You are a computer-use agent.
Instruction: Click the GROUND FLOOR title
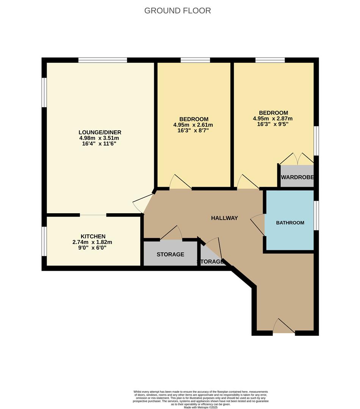click(177, 11)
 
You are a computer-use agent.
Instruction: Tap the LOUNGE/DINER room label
click(100, 132)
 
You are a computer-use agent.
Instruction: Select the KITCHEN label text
click(93, 236)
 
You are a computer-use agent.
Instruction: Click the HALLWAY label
click(224, 218)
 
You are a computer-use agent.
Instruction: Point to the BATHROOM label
click(290, 223)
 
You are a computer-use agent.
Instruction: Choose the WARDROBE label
click(297, 177)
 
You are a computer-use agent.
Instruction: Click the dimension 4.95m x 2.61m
click(193, 125)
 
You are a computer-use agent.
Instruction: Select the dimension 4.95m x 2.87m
click(273, 119)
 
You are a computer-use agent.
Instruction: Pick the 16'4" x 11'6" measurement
click(100, 144)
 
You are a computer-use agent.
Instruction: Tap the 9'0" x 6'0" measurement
click(92, 248)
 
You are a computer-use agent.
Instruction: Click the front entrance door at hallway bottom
click(283, 326)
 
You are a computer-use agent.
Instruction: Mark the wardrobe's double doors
click(297, 159)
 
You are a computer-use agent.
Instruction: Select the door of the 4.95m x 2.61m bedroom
click(180, 182)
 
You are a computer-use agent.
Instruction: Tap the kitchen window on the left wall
click(44, 241)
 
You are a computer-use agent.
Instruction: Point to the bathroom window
click(316, 215)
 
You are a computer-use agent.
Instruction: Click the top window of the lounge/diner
click(102, 60)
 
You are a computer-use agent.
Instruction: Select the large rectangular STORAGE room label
click(170, 254)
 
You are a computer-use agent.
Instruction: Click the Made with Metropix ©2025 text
click(201, 407)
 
